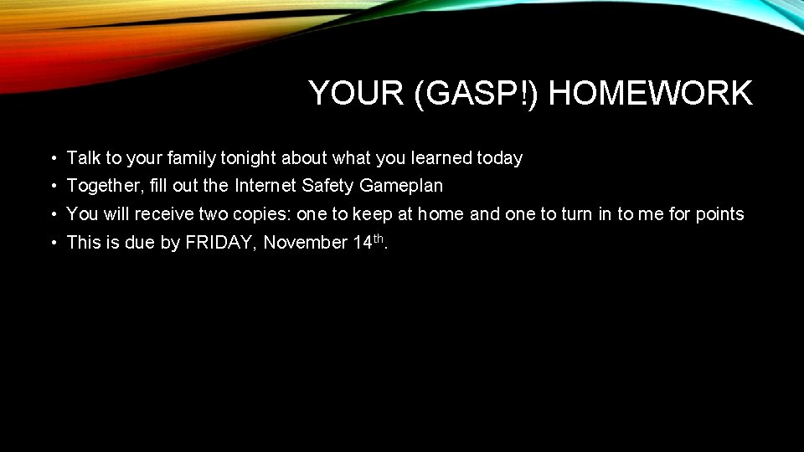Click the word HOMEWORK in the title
click(650, 93)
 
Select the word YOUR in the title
click(357, 93)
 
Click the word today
click(500, 157)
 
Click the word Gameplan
click(405, 186)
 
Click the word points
click(719, 214)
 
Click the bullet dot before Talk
click(53, 158)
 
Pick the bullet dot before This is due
click(53, 244)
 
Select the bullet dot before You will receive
click(53, 215)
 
